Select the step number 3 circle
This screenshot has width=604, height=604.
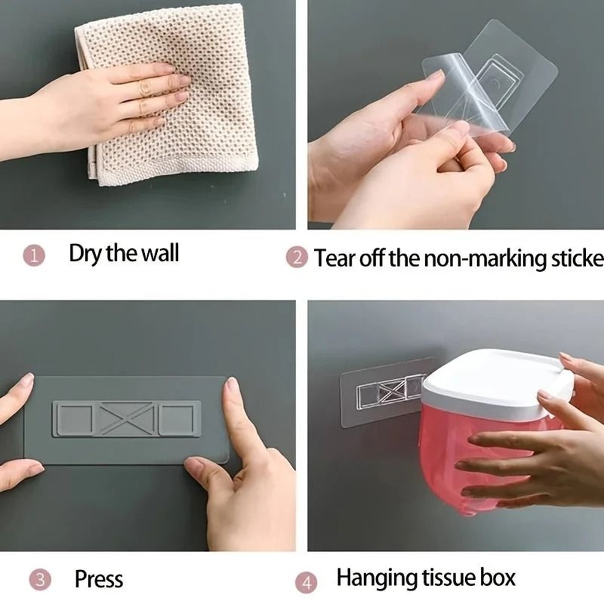click(x=40, y=580)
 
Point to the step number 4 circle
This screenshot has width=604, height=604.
click(x=306, y=583)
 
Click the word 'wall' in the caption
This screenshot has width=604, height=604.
click(x=159, y=253)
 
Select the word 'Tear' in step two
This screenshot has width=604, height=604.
click(x=334, y=258)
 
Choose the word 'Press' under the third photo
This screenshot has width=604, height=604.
click(x=98, y=579)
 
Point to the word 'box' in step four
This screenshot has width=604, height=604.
click(x=496, y=577)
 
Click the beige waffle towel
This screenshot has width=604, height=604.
click(x=199, y=121)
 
